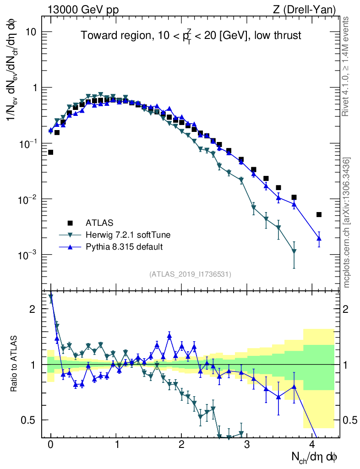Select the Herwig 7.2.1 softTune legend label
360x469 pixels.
point(128,235)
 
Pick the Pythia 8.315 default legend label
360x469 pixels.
point(124,247)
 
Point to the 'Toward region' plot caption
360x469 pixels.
point(191,36)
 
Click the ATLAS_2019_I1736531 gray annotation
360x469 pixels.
point(190,274)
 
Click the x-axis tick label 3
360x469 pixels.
point(247,444)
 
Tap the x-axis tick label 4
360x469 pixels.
point(312,444)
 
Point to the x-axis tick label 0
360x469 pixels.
point(50,444)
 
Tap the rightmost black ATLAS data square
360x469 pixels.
point(319,214)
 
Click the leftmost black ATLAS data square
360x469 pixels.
point(50,152)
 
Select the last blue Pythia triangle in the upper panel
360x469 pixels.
point(319,238)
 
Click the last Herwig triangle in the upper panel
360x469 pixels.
point(294,251)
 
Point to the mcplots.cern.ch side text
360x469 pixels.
point(347,222)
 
